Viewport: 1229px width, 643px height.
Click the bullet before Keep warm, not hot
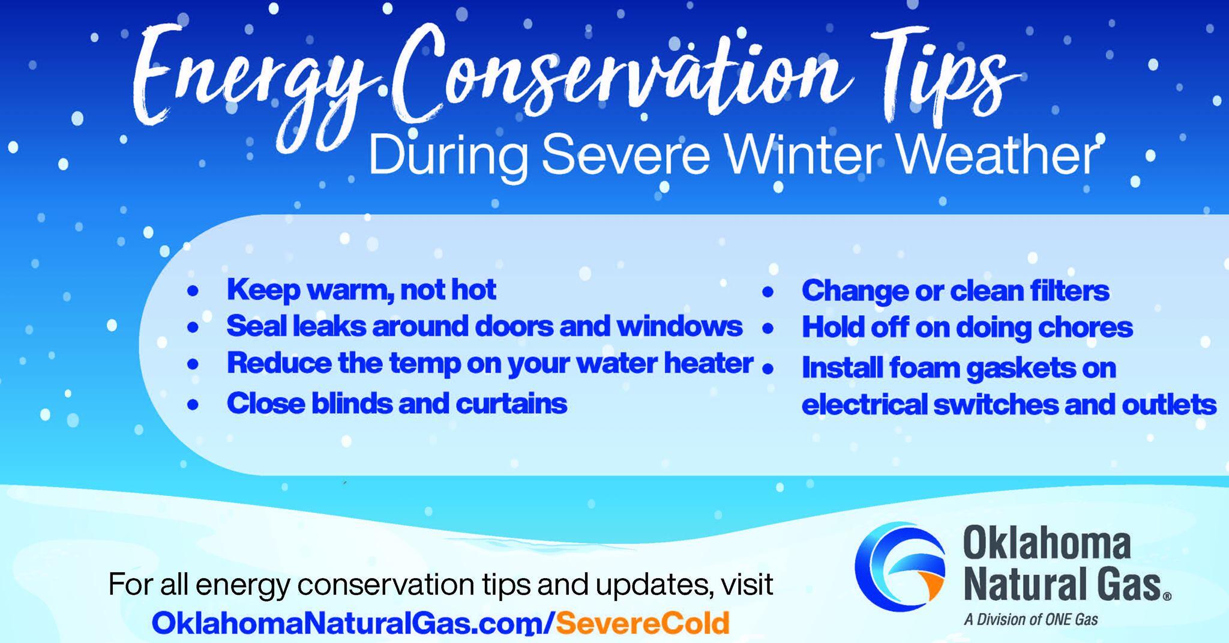pyautogui.click(x=193, y=291)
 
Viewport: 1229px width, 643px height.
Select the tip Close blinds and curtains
pyautogui.click(x=396, y=403)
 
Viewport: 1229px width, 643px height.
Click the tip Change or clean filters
pyautogui.click(x=955, y=291)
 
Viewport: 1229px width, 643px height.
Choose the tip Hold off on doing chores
pyautogui.click(x=967, y=328)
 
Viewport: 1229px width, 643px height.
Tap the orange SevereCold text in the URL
pyautogui.click(x=642, y=623)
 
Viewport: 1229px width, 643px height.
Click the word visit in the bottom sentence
pyautogui.click(x=744, y=584)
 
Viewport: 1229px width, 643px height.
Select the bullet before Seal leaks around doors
pyautogui.click(x=193, y=328)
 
